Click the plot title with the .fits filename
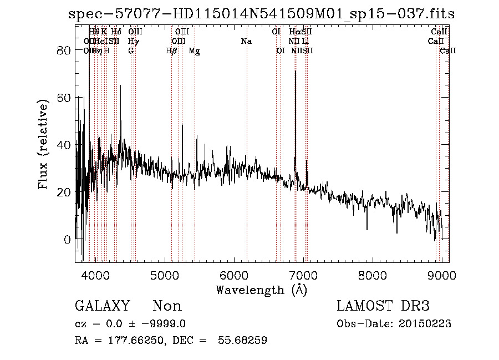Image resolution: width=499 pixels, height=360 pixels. point(261,14)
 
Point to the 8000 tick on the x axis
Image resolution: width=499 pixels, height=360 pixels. point(372,275)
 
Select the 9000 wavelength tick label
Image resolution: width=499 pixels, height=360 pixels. point(441,275)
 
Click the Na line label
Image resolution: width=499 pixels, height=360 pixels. point(247,42)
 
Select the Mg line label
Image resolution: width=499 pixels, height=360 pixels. point(194,51)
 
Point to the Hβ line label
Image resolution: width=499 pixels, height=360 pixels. point(171,51)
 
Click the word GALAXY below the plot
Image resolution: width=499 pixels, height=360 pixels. point(103,306)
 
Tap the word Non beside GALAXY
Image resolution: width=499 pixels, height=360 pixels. point(167,306)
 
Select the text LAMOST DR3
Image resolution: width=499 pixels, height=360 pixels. point(383,306)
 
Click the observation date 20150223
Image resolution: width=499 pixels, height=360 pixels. point(426,324)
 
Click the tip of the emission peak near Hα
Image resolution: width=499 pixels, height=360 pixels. point(295,71)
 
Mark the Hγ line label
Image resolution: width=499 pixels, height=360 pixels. point(133,42)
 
